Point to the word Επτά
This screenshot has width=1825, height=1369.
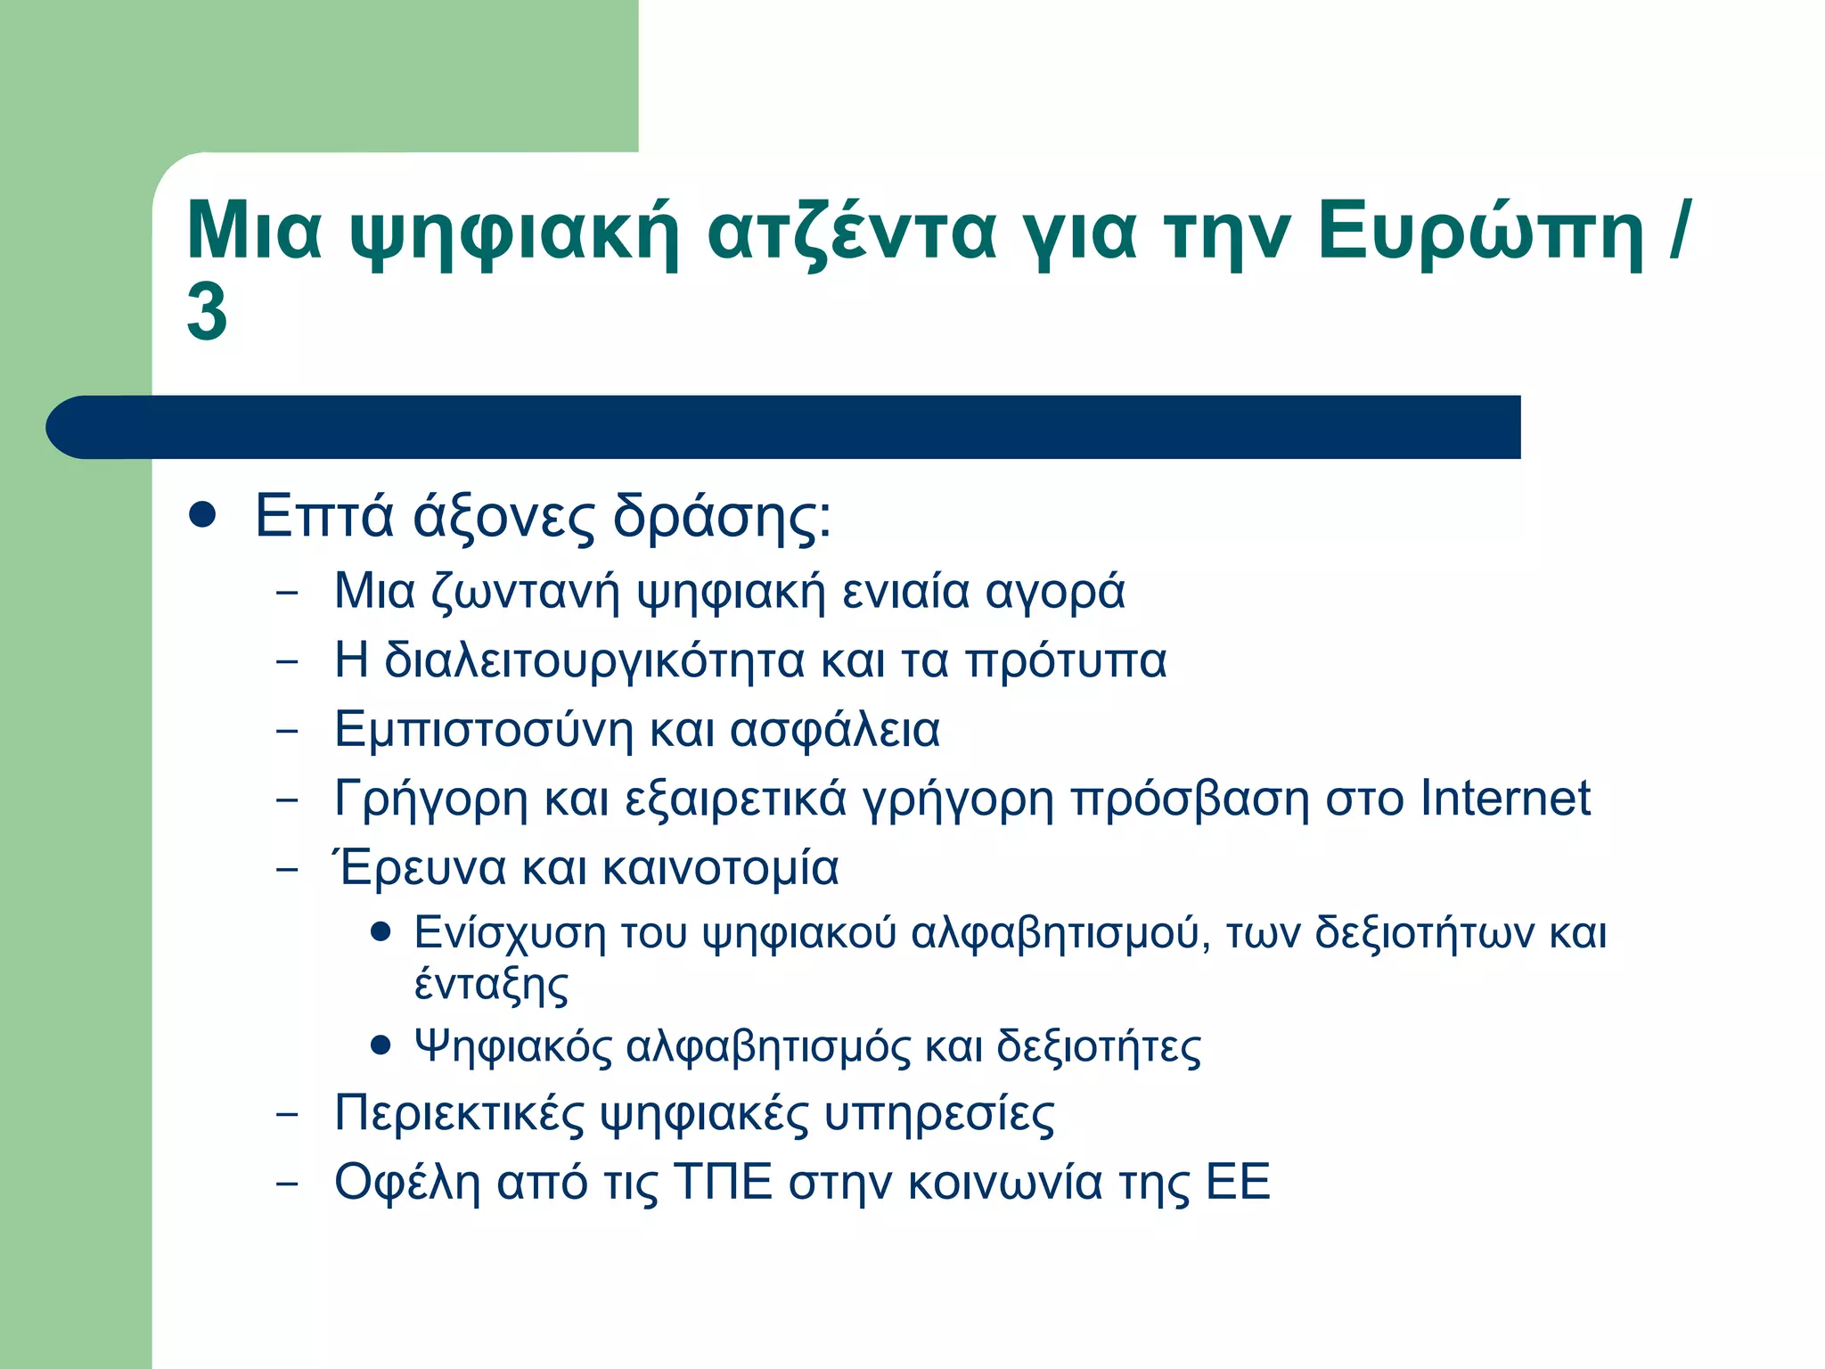[323, 516]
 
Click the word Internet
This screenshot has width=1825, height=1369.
[1505, 798]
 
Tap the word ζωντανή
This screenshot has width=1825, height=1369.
[525, 592]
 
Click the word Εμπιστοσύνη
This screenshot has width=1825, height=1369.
[484, 729]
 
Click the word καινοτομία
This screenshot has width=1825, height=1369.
[720, 867]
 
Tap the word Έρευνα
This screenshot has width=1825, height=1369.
[418, 867]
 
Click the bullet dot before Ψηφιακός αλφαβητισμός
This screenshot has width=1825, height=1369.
[381, 1044]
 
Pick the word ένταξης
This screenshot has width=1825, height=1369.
[491, 986]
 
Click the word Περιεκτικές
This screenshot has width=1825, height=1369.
[458, 1114]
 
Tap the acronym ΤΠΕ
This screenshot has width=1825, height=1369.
[723, 1183]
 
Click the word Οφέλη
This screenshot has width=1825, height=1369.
[407, 1183]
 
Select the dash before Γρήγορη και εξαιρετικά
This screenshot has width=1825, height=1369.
[287, 799]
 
